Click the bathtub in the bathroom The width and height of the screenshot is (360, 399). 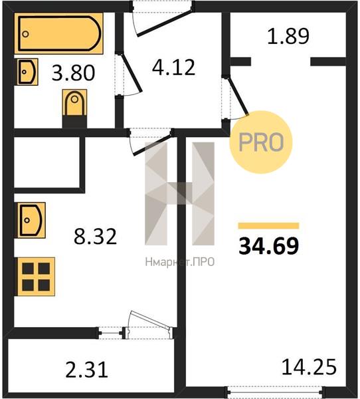[x=58, y=33]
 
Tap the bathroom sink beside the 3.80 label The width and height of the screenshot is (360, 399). [x=27, y=72]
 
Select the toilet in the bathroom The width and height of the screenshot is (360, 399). [x=74, y=108]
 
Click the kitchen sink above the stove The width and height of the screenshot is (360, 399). [x=31, y=220]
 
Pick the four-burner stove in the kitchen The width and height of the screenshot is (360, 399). [x=36, y=277]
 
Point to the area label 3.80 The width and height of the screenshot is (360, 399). [x=73, y=73]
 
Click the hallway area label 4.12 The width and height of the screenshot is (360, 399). [x=173, y=67]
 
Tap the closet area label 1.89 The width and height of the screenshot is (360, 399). [x=288, y=36]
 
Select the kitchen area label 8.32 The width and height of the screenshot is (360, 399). [x=96, y=236]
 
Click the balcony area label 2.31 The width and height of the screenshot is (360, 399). [x=87, y=370]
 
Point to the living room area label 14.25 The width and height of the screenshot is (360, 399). [x=309, y=366]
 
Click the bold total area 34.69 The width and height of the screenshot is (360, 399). [x=269, y=246]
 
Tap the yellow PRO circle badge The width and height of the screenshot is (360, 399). [x=261, y=142]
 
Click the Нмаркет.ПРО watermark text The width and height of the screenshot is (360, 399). [x=180, y=262]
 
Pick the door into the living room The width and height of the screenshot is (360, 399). [x=238, y=96]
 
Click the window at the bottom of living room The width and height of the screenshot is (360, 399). [x=275, y=392]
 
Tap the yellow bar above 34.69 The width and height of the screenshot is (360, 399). [x=268, y=225]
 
